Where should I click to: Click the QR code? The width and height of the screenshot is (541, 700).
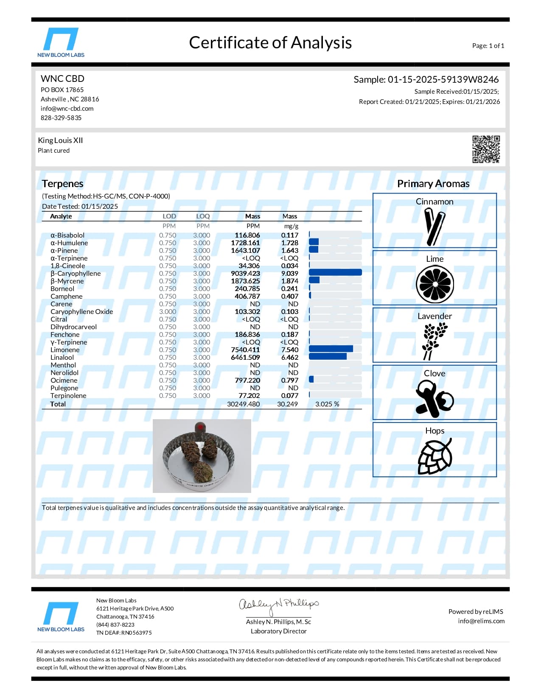(x=486, y=149)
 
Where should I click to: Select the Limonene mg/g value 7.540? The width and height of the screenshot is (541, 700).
(x=289, y=350)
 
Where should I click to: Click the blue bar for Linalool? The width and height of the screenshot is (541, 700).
(x=328, y=357)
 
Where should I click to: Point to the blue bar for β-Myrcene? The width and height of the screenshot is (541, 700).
(x=314, y=280)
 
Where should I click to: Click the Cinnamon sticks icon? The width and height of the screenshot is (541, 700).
(x=434, y=227)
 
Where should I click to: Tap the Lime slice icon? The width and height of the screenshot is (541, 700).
(x=434, y=284)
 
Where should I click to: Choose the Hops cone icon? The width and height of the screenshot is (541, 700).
(x=434, y=456)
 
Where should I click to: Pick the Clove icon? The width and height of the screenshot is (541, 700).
(x=434, y=398)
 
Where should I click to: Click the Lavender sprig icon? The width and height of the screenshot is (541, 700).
(x=434, y=341)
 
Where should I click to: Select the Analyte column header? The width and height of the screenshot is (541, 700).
(x=61, y=216)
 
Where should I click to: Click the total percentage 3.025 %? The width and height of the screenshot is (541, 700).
(x=327, y=404)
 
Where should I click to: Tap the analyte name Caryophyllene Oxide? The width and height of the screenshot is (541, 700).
(x=81, y=311)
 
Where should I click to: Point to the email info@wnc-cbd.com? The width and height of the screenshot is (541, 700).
(x=67, y=109)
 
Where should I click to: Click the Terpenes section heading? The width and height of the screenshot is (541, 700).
(x=62, y=184)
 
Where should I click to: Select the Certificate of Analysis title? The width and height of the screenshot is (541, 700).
(x=270, y=43)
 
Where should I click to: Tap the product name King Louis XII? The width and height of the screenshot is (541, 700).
(x=60, y=140)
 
